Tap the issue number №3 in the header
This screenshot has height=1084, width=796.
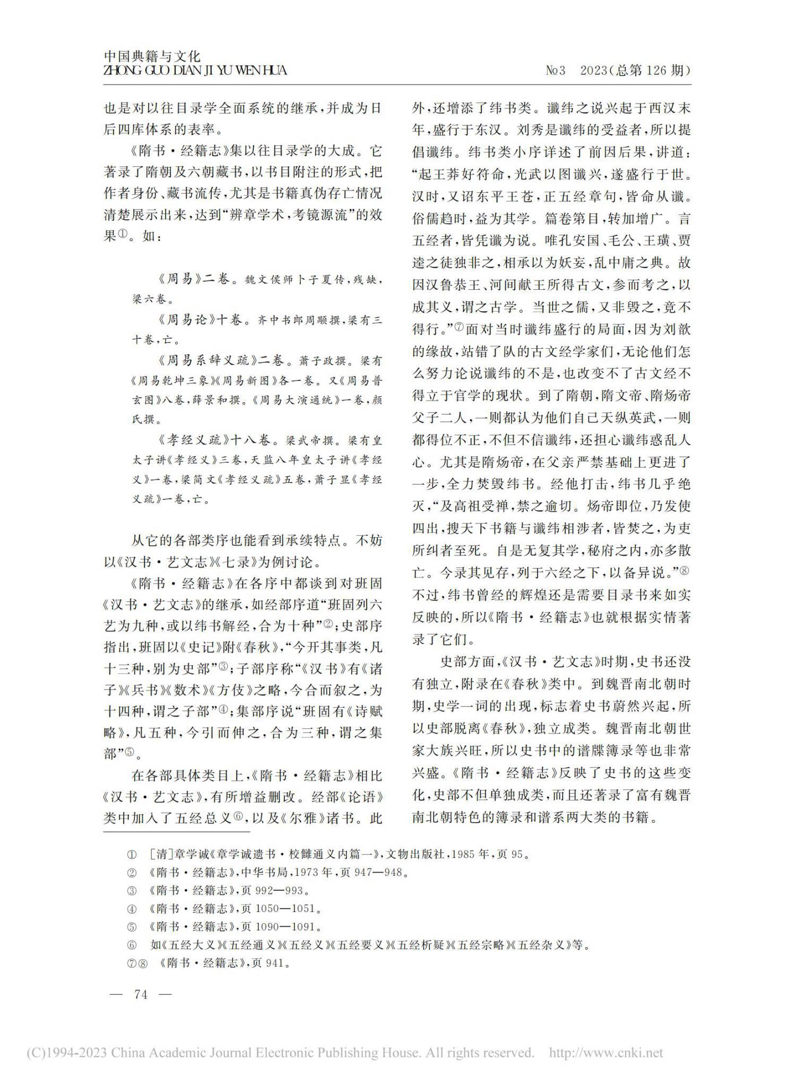pyautogui.click(x=556, y=70)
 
